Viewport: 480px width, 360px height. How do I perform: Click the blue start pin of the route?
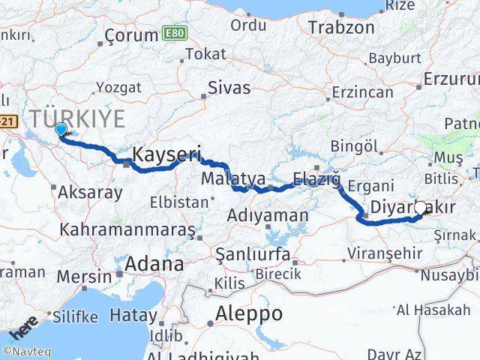coord(61,130)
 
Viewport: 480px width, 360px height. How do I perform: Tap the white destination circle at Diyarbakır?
coord(421,208)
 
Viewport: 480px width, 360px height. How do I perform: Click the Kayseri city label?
coord(166,155)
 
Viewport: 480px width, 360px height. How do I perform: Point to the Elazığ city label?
coord(317,179)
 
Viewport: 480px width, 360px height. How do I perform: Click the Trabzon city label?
coord(341,28)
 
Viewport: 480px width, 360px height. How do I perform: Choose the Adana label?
coord(154,264)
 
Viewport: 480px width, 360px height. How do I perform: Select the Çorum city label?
coord(130,35)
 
